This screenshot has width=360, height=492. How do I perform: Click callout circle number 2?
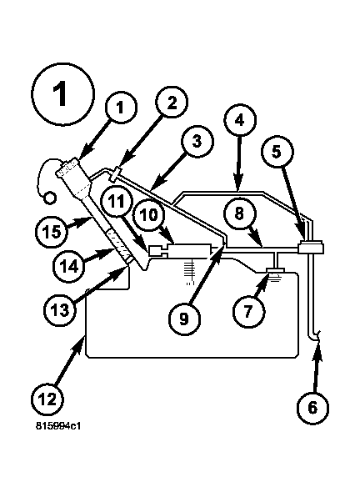click(170, 103)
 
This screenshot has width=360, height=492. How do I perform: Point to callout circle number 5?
click(277, 153)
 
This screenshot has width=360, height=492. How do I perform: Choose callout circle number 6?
click(312, 408)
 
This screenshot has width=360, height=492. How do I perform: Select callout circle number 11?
click(117, 200)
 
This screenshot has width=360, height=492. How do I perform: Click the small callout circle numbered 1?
click(120, 107)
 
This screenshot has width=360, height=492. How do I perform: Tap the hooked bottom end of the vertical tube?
click(315, 336)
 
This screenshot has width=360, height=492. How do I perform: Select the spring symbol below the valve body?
click(189, 269)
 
